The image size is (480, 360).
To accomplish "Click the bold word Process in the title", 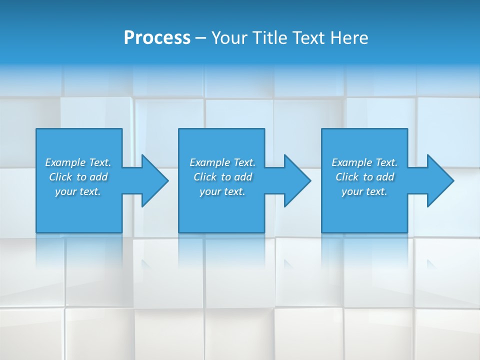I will click(x=157, y=38).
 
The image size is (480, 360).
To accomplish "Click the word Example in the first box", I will click(x=65, y=162).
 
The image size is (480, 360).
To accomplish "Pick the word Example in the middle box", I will click(x=209, y=162).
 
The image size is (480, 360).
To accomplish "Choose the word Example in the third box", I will click(x=351, y=162).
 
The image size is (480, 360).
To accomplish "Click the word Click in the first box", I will click(x=60, y=177).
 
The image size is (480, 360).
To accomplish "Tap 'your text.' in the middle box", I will click(x=222, y=191).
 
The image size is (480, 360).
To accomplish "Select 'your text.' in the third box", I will click(x=364, y=191).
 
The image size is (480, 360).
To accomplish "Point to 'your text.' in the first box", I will click(x=77, y=191).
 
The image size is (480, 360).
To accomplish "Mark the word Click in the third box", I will click(x=347, y=177).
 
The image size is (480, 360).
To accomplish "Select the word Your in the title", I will click(x=229, y=38).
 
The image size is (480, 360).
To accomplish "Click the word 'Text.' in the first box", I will click(x=99, y=162).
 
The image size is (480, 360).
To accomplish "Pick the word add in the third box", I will click(x=385, y=177).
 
